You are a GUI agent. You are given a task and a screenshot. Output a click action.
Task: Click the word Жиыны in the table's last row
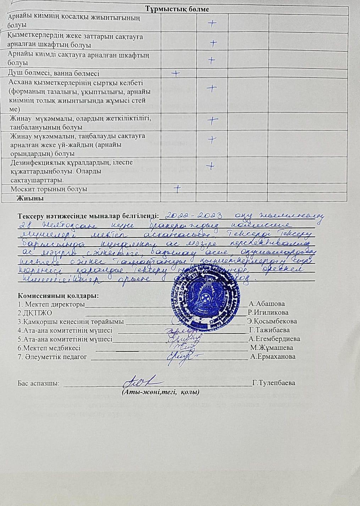coord(32,199)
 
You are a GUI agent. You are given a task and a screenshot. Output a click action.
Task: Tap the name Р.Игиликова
coord(268,313)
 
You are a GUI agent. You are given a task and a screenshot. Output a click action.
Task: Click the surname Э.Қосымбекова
coord(272,322)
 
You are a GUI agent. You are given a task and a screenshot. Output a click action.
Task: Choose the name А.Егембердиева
coord(275,339)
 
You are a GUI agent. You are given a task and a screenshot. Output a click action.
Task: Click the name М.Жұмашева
coord(272,348)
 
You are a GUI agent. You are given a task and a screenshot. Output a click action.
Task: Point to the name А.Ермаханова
coord(273,357)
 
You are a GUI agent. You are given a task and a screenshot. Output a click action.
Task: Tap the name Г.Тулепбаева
coord(273,383)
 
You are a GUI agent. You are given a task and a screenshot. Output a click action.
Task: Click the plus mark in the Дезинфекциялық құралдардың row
coord(211,166)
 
